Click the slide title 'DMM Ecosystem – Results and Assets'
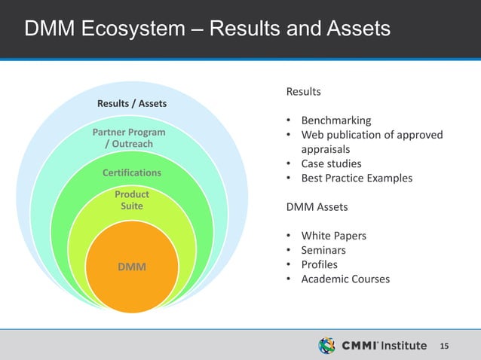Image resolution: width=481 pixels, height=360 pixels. [x=207, y=29]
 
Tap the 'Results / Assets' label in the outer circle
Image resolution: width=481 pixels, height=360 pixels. [x=132, y=102]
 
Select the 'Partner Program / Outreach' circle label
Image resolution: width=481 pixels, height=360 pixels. [x=128, y=138]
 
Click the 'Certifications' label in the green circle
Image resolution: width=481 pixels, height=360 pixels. [x=132, y=172]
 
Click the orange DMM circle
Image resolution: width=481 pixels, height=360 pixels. [x=132, y=267]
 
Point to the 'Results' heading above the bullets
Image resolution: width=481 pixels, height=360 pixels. [x=303, y=91]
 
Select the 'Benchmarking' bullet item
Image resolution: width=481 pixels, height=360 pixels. [x=336, y=121]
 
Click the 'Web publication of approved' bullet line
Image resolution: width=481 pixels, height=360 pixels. [x=372, y=135]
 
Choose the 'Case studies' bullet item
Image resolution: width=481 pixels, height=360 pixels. [x=331, y=163]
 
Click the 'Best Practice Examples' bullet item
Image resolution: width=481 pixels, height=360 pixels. [x=357, y=178]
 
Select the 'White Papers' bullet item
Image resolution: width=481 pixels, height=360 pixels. [x=333, y=236]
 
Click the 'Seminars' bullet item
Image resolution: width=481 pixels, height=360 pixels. [x=323, y=250]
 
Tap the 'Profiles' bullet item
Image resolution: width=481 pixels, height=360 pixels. [x=319, y=264]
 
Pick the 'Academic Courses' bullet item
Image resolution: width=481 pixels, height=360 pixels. [x=345, y=279]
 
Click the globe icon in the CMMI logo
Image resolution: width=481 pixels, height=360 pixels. [x=327, y=346]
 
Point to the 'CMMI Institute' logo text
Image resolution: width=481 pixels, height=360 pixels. [x=384, y=346]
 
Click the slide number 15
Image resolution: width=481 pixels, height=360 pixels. [x=444, y=346]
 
